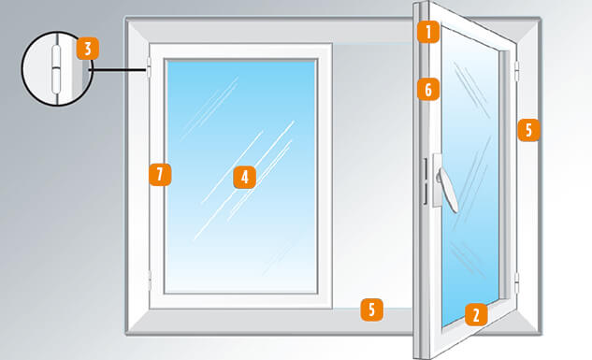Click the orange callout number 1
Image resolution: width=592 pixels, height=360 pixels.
click(428, 34)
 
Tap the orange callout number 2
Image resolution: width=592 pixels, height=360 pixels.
click(475, 314)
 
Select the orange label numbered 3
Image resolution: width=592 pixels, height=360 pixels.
click(86, 49)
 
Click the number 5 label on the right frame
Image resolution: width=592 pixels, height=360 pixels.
click(528, 130)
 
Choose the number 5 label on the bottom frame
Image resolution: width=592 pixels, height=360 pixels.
click(372, 310)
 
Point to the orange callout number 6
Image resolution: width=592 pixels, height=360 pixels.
click(428, 90)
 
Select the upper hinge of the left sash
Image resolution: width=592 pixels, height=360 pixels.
click(150, 68)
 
